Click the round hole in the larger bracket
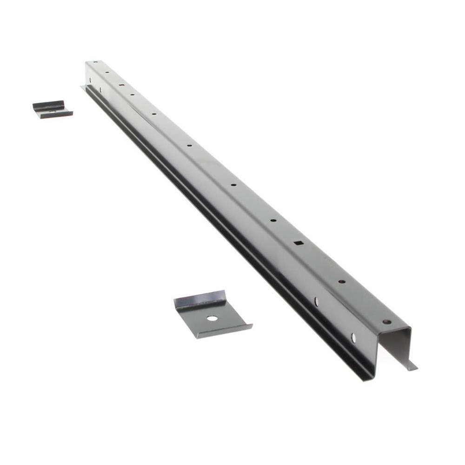tap(212, 319)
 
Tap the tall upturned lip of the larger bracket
tap(200, 300)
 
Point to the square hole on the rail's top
tap(299, 242)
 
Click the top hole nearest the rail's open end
tap(386, 321)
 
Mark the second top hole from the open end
tap(341, 281)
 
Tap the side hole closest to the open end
tap(353, 338)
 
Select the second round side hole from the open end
tap(316, 302)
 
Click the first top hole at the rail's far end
tap(95, 62)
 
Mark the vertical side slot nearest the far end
tap(90, 80)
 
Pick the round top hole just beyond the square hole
tap(273, 220)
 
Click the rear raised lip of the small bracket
tap(48, 105)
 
